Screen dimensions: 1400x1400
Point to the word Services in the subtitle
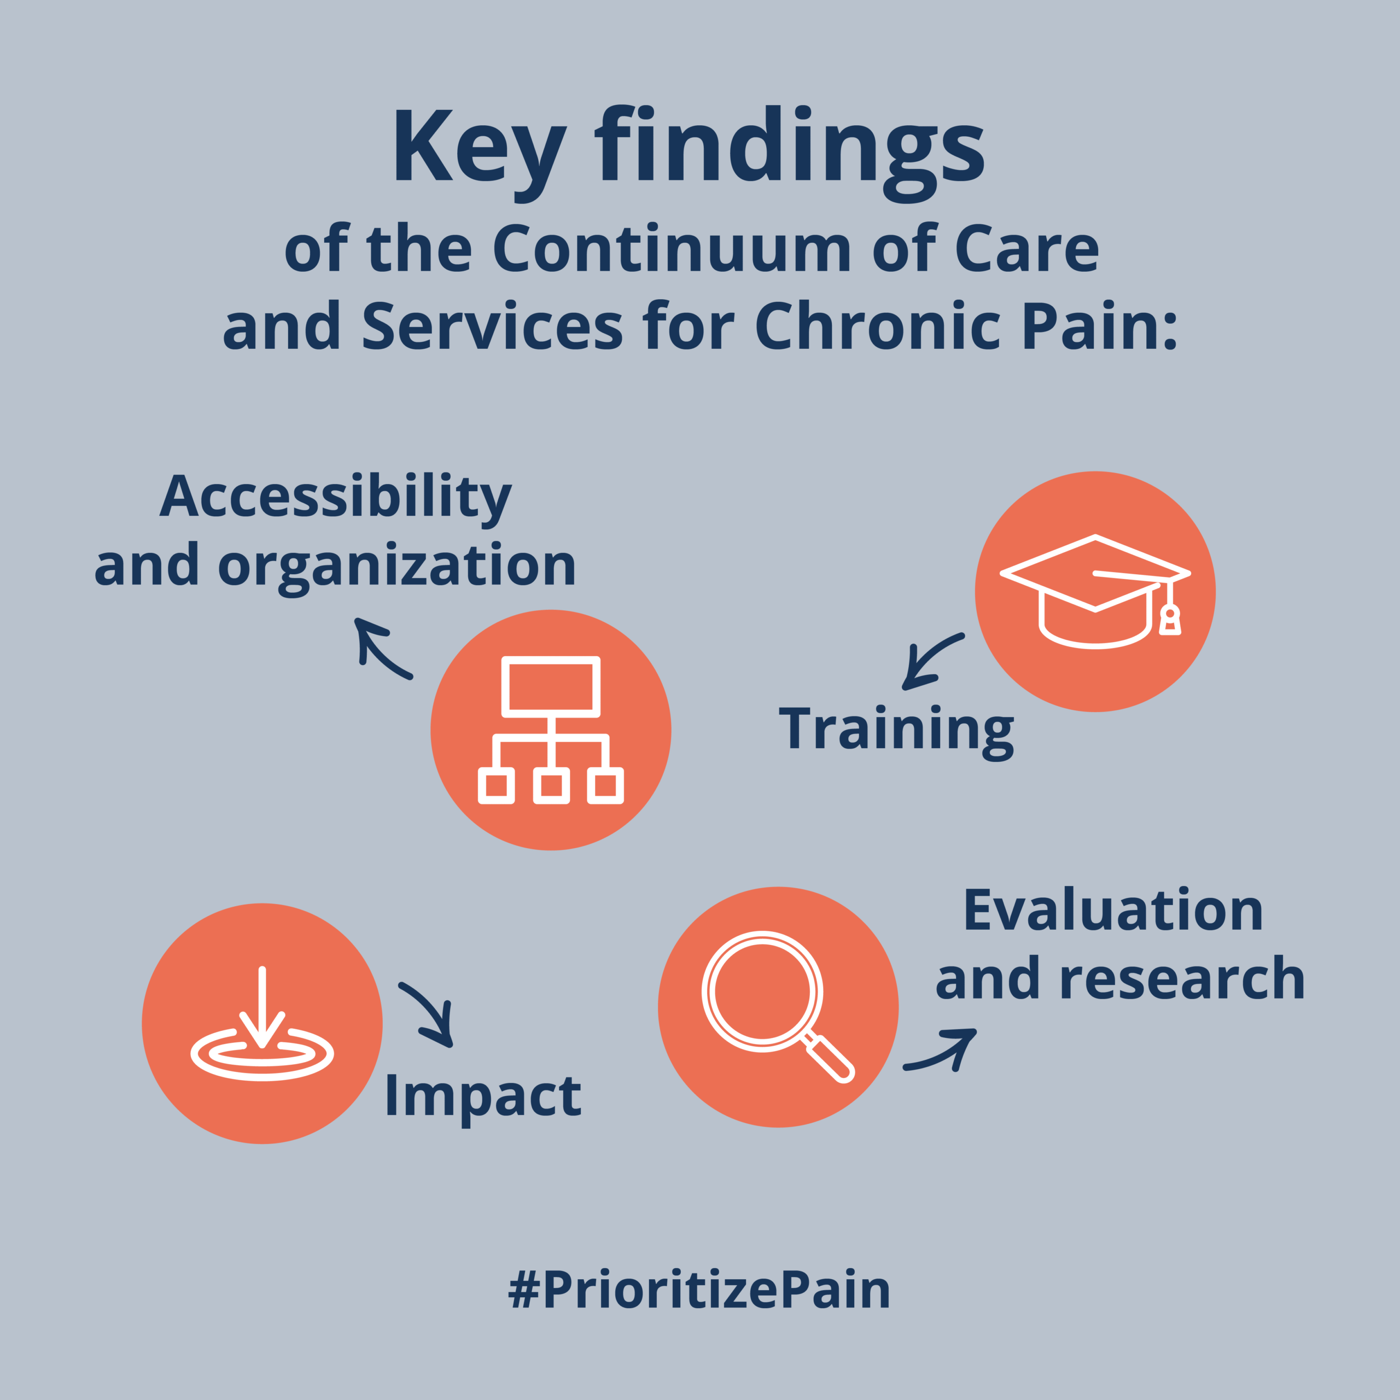point(493,325)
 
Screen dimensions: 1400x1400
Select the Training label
point(896,731)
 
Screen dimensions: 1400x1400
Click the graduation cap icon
point(1095,591)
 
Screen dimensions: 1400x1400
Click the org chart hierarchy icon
point(551,730)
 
